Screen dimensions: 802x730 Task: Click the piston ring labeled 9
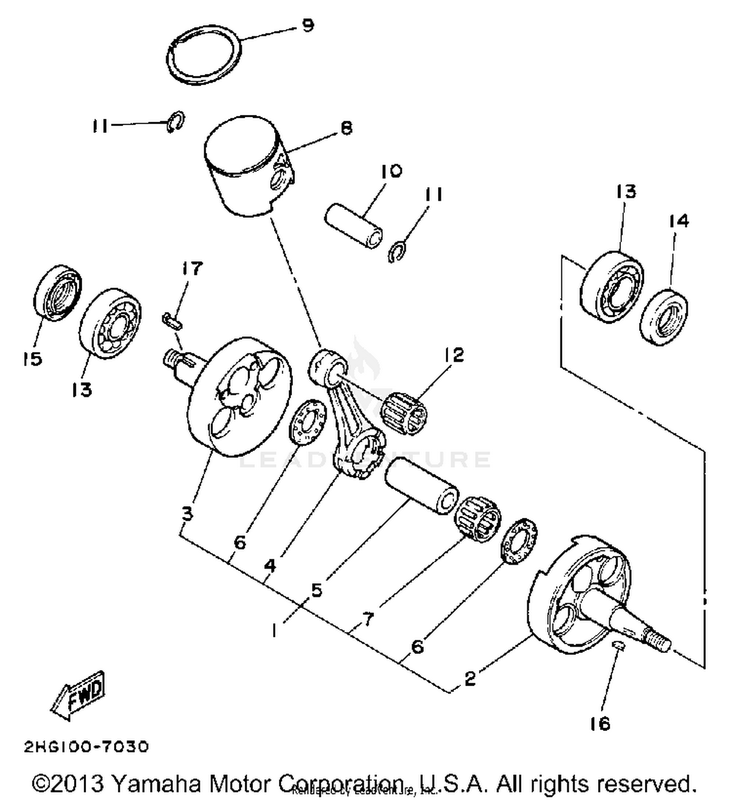[x=204, y=55]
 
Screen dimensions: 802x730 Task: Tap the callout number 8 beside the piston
[x=346, y=128]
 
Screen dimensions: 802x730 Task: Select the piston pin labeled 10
[x=354, y=227]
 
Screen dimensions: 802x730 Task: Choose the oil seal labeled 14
[x=664, y=318]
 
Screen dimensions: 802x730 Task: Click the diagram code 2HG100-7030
[x=86, y=747]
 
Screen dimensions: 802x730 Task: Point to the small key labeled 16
[x=618, y=645]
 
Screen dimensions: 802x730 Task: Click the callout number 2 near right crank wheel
[x=469, y=678]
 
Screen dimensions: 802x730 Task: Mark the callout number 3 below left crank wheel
[x=187, y=513]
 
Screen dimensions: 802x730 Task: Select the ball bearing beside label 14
[x=612, y=287]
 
